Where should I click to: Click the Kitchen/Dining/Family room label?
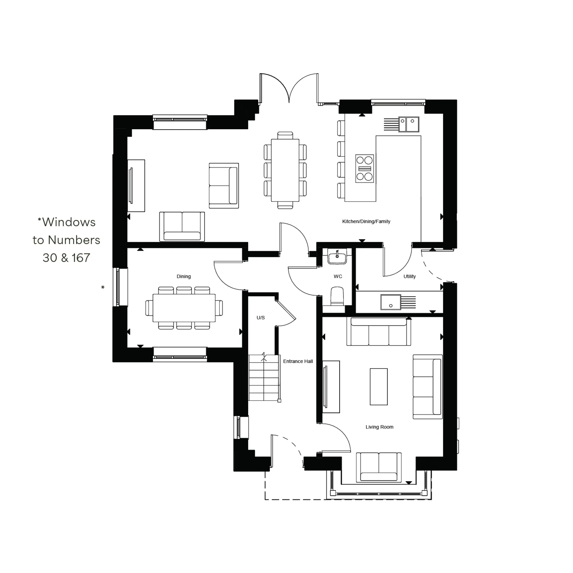[366, 221]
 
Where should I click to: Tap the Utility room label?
[409, 276]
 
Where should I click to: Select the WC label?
[337, 276]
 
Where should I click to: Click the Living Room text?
[379, 427]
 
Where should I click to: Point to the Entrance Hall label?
[298, 361]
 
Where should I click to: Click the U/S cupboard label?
[260, 318]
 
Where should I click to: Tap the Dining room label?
[184, 276]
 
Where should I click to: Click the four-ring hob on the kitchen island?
[364, 168]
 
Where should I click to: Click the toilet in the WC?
[337, 296]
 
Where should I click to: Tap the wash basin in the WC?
[337, 257]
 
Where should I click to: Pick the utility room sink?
[390, 302]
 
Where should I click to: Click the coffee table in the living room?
[378, 386]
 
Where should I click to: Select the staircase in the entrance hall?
[264, 378]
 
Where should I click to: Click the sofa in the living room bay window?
[378, 467]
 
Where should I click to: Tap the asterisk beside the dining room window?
[103, 287]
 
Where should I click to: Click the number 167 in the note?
[81, 258]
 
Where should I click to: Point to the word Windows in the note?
[69, 222]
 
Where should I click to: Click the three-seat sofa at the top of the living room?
[378, 332]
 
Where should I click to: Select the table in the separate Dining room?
[184, 308]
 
